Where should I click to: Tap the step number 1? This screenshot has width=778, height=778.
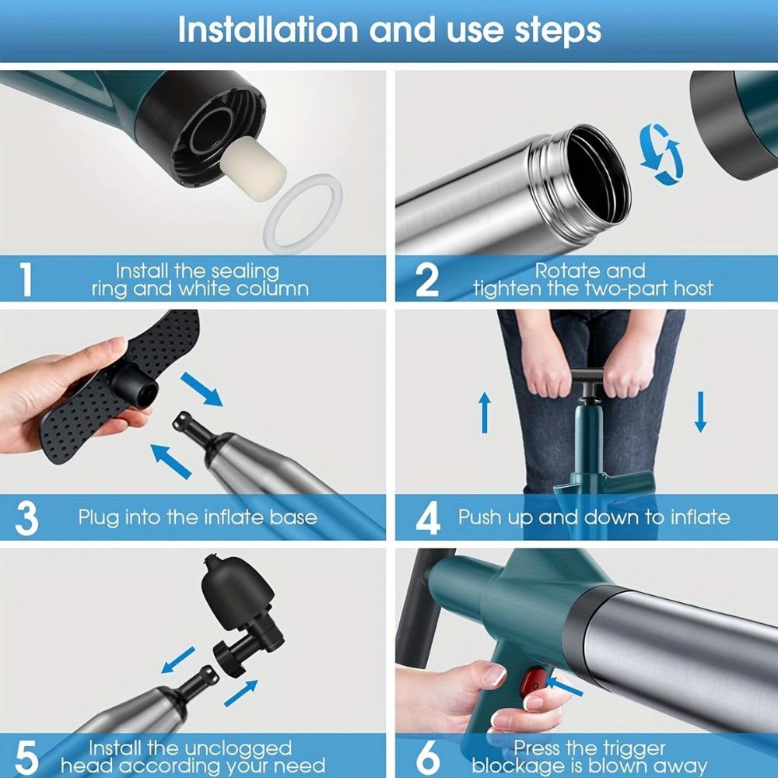point(26,279)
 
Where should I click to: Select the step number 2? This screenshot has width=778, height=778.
point(426,279)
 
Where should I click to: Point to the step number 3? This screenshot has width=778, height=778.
point(26,518)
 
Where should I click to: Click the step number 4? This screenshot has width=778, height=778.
point(427,518)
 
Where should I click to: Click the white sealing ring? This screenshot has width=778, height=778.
point(303,212)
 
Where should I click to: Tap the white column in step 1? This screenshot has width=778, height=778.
point(253,162)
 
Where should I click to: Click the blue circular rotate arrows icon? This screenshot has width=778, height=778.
point(661,154)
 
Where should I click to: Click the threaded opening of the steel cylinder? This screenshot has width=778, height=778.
point(595,166)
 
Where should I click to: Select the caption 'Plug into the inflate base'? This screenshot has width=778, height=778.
point(198,517)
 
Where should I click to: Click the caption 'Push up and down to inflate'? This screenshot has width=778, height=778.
point(594,517)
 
